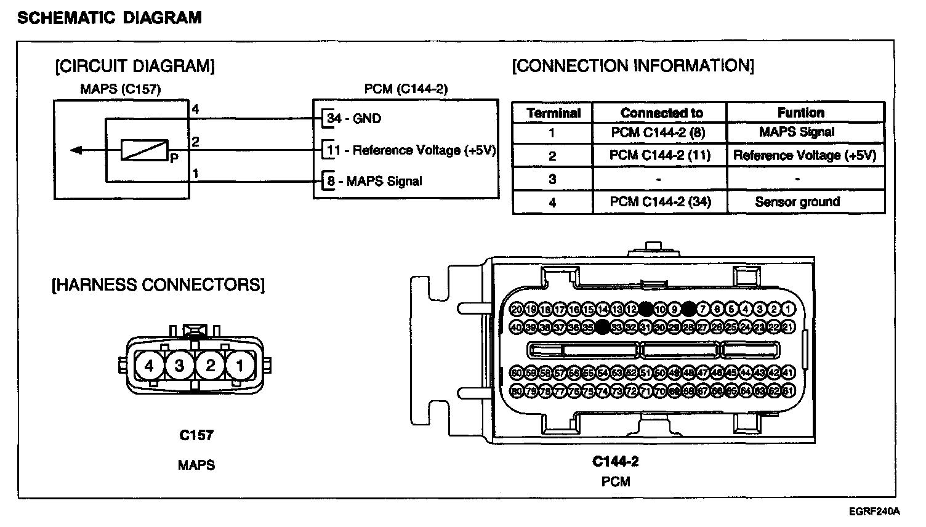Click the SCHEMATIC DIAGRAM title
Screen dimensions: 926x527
click(x=110, y=18)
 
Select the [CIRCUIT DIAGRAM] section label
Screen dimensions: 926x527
click(x=135, y=66)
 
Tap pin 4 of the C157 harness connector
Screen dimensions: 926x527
click(x=149, y=366)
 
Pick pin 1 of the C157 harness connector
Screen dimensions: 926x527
click(x=240, y=366)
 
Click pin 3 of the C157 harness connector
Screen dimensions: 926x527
click(x=179, y=366)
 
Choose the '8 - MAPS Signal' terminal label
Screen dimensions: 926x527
click(x=374, y=181)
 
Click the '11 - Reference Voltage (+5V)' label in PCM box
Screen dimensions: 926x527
click(x=411, y=150)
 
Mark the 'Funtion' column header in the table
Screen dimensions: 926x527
click(x=800, y=113)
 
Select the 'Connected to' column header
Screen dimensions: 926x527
click(x=661, y=113)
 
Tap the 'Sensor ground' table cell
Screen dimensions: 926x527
click(x=797, y=202)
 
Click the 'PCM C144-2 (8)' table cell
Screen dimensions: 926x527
click(x=658, y=132)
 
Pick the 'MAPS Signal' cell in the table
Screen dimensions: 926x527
click(x=797, y=132)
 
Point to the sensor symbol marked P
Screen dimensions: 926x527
click(x=145, y=150)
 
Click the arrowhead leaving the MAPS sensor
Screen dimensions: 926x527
click(x=76, y=150)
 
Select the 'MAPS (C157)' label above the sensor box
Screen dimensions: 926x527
click(x=121, y=89)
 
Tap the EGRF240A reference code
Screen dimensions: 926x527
click(x=874, y=512)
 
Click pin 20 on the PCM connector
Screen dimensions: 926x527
click(x=517, y=309)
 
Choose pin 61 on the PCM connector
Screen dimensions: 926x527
click(x=789, y=390)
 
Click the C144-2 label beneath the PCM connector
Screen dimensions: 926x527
click(x=616, y=461)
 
